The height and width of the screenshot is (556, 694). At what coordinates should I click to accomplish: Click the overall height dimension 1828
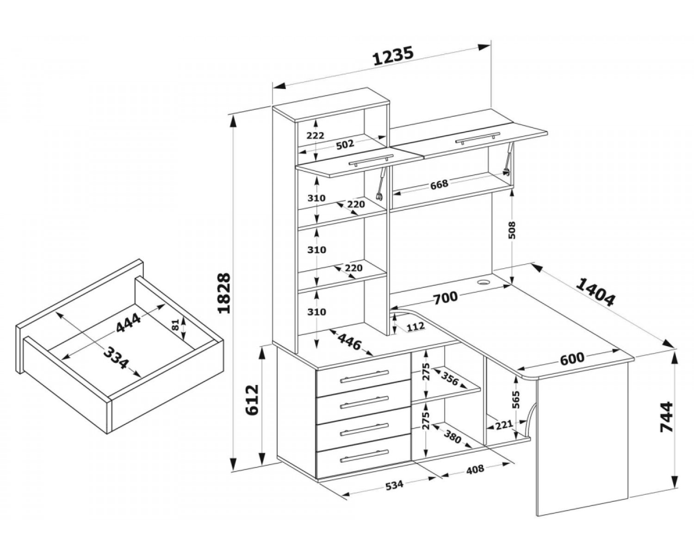[x=224, y=293]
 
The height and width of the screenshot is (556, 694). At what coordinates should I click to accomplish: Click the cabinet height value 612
[x=252, y=400]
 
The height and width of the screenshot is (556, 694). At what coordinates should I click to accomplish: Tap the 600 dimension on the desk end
[x=572, y=359]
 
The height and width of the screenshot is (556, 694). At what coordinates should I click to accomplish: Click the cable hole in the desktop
[x=483, y=282]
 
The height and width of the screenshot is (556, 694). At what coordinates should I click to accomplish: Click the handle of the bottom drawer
[x=364, y=456]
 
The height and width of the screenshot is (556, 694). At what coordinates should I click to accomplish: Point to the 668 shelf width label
[x=439, y=184]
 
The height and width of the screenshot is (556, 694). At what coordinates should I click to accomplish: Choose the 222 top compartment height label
[x=315, y=135]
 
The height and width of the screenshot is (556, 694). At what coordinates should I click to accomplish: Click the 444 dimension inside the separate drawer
[x=128, y=323]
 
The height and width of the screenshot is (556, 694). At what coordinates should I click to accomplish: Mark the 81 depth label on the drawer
[x=175, y=325]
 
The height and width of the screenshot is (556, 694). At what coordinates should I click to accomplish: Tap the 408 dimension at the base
[x=475, y=469]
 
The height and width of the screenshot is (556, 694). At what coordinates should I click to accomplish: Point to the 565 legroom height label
[x=516, y=400]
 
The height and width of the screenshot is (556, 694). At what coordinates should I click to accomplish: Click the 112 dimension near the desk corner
[x=415, y=327]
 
